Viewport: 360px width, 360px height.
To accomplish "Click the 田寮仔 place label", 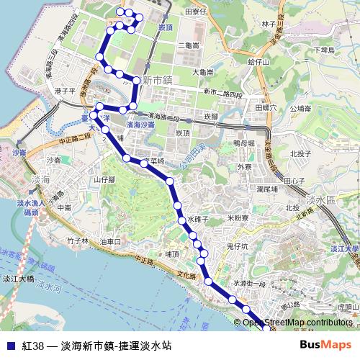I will click(x=196, y=12).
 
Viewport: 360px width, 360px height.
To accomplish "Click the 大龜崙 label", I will click(x=203, y=72).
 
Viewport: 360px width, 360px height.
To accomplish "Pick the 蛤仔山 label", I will click(x=257, y=63).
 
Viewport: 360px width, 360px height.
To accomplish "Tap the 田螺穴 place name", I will click(x=266, y=107).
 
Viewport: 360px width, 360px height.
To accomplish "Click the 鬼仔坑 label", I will click(x=238, y=246).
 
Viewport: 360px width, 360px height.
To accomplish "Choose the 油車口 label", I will click(x=111, y=241).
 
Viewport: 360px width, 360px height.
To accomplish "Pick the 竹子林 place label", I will click(x=75, y=241).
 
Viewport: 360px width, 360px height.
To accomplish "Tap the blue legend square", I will click(x=9, y=346).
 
